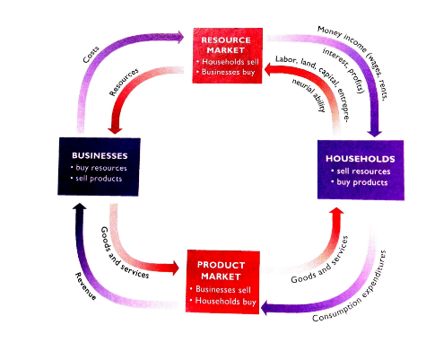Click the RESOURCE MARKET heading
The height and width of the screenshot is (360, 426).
(229, 45)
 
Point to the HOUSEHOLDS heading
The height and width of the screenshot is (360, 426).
(356, 158)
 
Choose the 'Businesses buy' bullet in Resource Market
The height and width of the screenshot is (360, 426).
(231, 71)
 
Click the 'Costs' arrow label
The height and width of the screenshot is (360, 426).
(91, 54)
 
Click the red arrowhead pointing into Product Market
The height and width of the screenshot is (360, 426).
(175, 267)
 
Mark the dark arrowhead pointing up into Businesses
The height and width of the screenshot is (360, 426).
(80, 208)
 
